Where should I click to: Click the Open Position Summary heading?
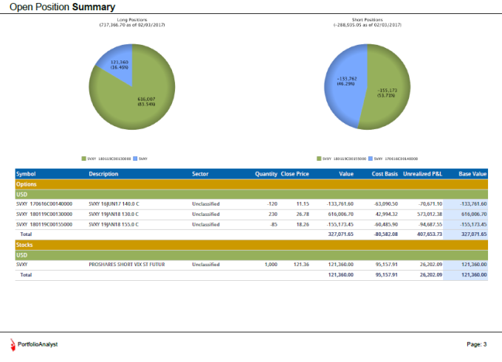(62, 7)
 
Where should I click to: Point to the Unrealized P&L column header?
(423, 174)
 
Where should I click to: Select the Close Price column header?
(295, 174)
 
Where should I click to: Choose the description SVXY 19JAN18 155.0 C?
(114, 224)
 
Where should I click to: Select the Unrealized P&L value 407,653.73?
(424, 234)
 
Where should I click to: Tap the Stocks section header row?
(251, 244)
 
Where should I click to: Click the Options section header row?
(251, 184)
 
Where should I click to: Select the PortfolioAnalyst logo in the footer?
(34, 344)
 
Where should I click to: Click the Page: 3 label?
(476, 344)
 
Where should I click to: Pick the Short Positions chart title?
(367, 21)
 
